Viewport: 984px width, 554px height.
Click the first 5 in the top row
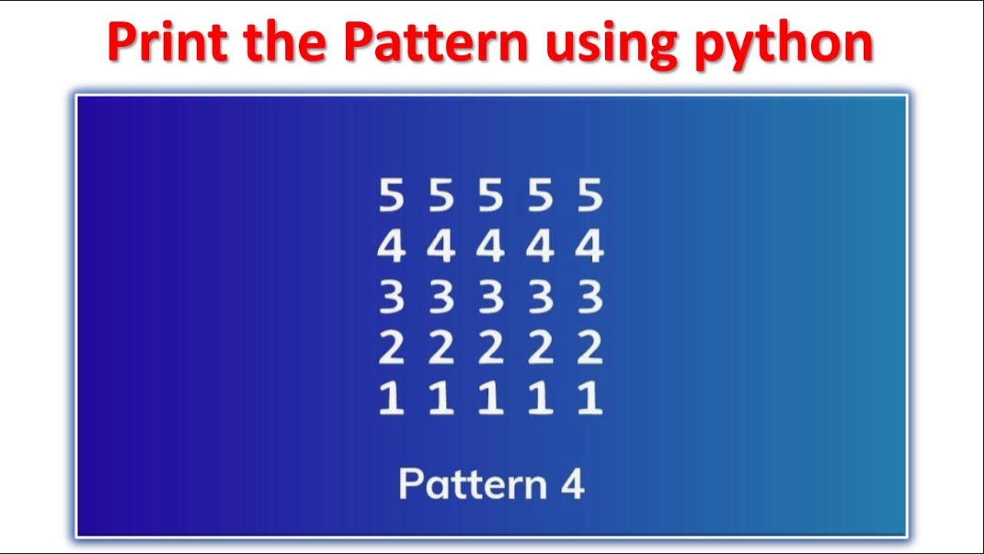tap(391, 196)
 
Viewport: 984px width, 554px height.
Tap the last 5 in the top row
tap(590, 196)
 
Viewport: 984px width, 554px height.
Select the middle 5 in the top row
tap(490, 196)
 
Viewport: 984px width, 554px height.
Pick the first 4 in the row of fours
tap(391, 247)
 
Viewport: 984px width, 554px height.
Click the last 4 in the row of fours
tap(590, 247)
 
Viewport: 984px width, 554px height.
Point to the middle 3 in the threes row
tap(490, 298)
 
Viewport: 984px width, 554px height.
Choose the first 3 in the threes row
tap(391, 298)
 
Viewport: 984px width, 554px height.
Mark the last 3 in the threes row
tap(590, 298)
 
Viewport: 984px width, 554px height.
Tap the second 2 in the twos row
tap(441, 349)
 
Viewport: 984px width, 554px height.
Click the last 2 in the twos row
tap(590, 349)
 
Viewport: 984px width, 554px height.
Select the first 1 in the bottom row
tap(391, 399)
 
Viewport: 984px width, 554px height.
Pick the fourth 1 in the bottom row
tap(540, 399)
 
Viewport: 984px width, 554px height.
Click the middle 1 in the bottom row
tap(490, 399)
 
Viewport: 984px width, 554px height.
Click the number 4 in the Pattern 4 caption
tap(571, 485)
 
